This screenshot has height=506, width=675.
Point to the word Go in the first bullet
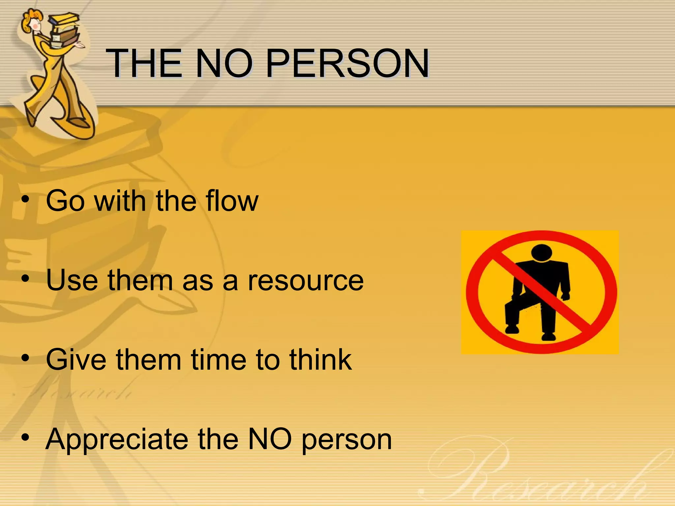tap(65, 201)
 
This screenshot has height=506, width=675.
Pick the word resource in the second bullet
tap(306, 280)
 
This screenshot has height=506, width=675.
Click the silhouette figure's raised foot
tap(512, 329)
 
